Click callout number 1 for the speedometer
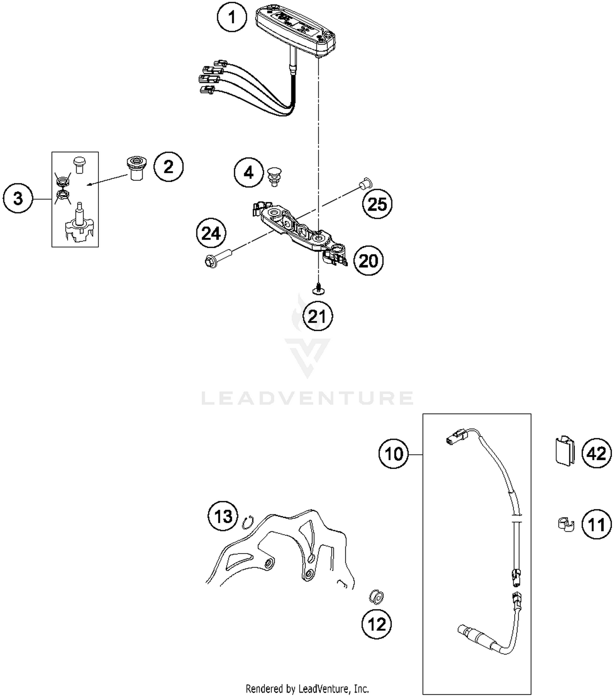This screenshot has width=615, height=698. click(x=232, y=18)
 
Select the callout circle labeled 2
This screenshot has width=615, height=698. click(x=169, y=167)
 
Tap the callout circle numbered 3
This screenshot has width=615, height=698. click(x=18, y=199)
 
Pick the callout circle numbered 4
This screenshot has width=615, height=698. click(x=249, y=173)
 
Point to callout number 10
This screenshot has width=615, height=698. click(x=394, y=454)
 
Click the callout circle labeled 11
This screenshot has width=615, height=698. click(x=597, y=524)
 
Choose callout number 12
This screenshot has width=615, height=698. click(x=377, y=625)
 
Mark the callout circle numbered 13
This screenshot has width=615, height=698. click(x=223, y=516)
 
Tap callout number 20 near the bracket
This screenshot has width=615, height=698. click(x=369, y=261)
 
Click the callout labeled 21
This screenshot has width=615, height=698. click(x=318, y=316)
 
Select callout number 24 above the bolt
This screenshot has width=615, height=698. click(x=212, y=233)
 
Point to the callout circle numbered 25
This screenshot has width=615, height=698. click(x=377, y=204)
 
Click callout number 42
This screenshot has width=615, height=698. click(x=597, y=453)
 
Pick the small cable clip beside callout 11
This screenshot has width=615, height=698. click(x=566, y=525)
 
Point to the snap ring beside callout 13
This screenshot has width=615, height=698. click(x=248, y=522)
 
